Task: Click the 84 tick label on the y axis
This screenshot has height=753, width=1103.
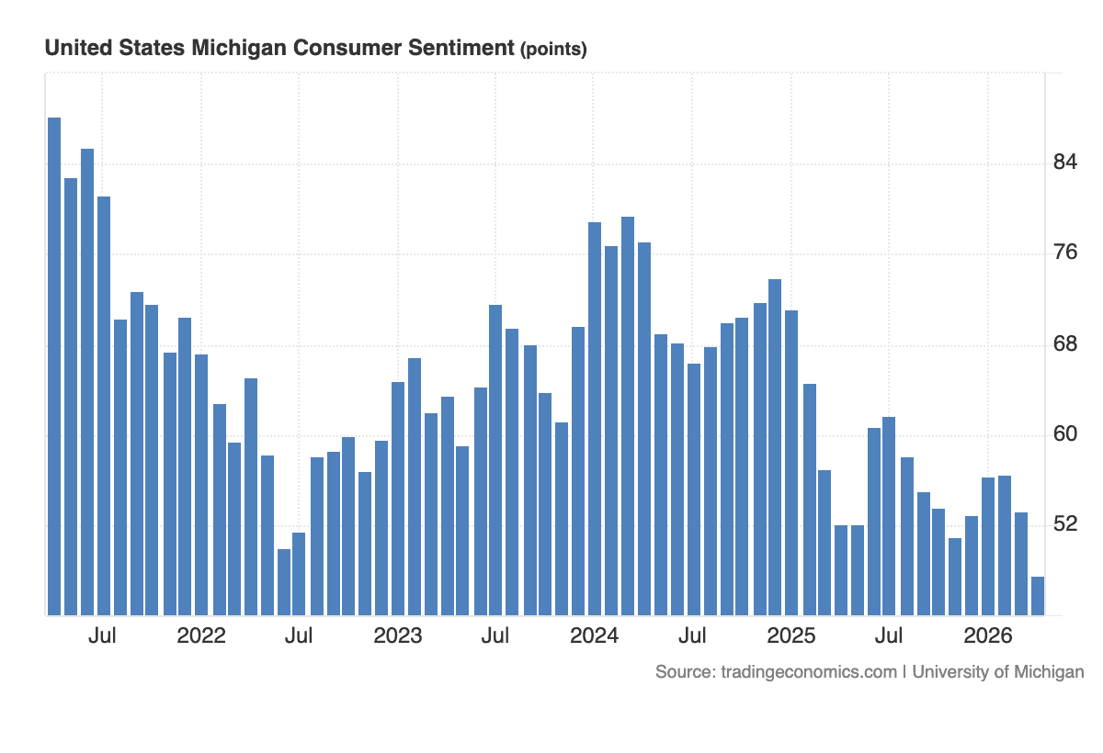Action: pyautogui.click(x=1064, y=163)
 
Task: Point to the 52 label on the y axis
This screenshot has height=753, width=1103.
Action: pyautogui.click(x=1064, y=524)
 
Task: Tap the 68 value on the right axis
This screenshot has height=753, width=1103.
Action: pyautogui.click(x=1064, y=344)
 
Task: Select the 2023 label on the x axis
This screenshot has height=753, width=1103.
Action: pyautogui.click(x=398, y=635)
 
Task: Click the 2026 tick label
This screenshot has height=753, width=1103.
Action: pyautogui.click(x=988, y=635)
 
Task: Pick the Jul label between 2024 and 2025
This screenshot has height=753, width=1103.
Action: pyautogui.click(x=692, y=635)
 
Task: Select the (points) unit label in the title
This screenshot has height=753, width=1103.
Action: pyautogui.click(x=553, y=50)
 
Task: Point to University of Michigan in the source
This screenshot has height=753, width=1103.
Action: pyautogui.click(x=998, y=672)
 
